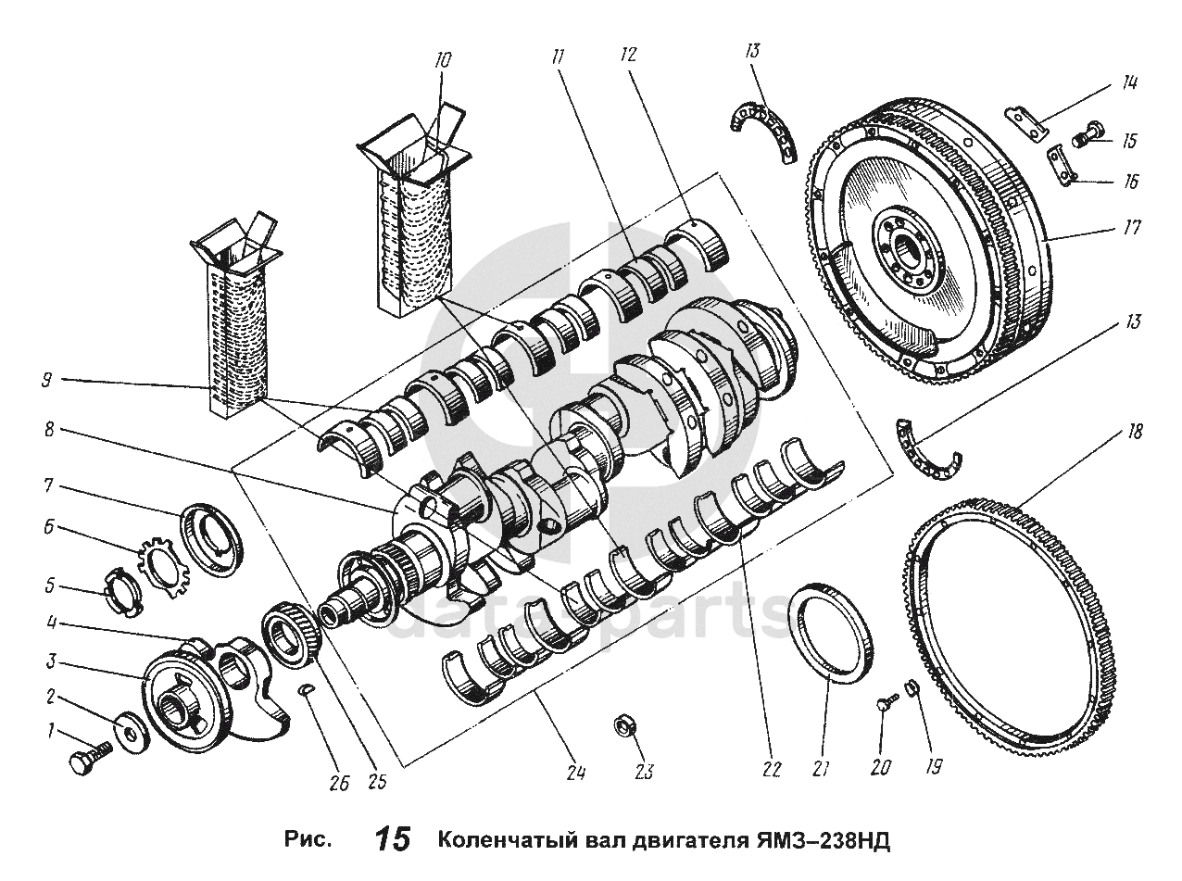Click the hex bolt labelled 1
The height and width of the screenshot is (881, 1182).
tap(91, 758)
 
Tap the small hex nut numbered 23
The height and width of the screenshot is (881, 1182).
tap(625, 724)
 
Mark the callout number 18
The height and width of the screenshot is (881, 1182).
tap(1134, 433)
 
